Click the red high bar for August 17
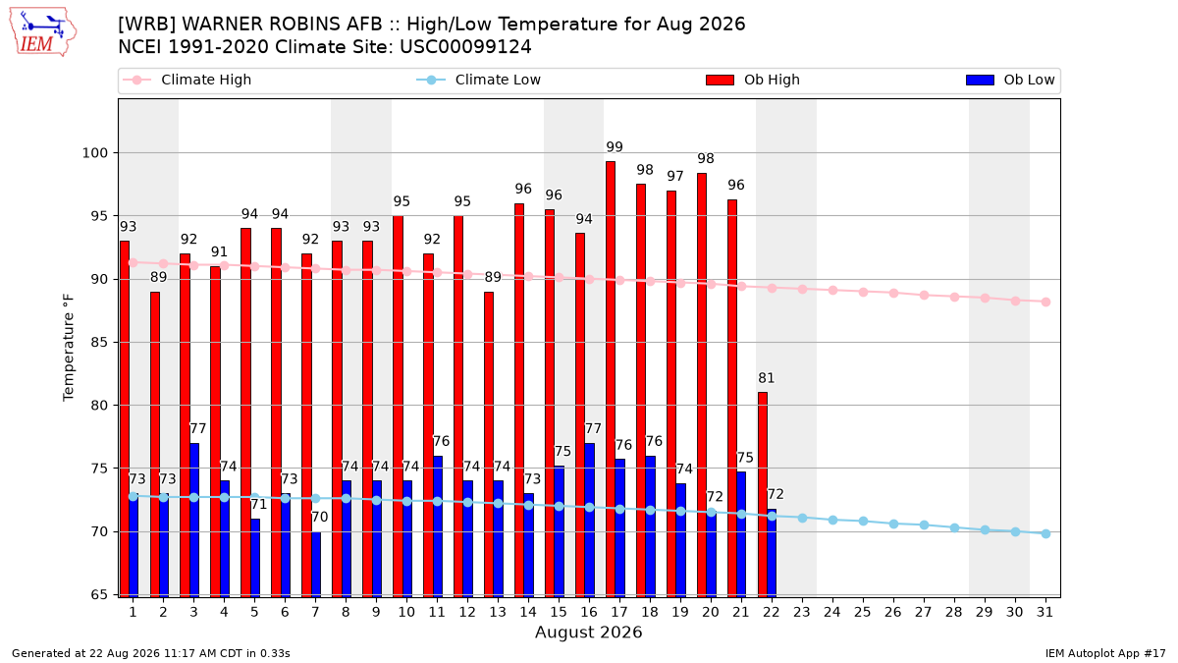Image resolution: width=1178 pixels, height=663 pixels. pos(611,379)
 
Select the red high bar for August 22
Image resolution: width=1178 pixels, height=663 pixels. pos(763,495)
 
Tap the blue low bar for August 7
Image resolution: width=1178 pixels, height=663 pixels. pos(316,564)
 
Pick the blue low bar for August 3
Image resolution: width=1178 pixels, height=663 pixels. pos(194,520)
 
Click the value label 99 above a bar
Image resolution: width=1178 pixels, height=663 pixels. pos(615,146)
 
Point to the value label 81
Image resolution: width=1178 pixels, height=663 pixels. pos(767,378)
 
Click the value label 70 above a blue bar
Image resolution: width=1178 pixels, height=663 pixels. pos(320,517)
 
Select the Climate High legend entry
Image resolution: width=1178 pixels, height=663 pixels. pos(187,80)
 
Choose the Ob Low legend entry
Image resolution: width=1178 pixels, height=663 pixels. pos(1010,80)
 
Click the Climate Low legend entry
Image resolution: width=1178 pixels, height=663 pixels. pos(479,80)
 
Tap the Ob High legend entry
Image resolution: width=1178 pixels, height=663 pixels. pos(753,80)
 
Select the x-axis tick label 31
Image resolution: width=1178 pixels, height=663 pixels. pos(1044,612)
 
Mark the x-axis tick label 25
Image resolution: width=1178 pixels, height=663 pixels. pos(863,612)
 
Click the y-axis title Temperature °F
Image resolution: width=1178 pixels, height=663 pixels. pos(69,348)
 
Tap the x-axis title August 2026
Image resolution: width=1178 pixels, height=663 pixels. pos(588,632)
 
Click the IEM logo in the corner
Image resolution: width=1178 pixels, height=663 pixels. pos(42,32)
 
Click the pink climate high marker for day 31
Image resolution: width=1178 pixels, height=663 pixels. pos(1046,303)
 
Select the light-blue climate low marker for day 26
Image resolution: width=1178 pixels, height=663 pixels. pos(893,525)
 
